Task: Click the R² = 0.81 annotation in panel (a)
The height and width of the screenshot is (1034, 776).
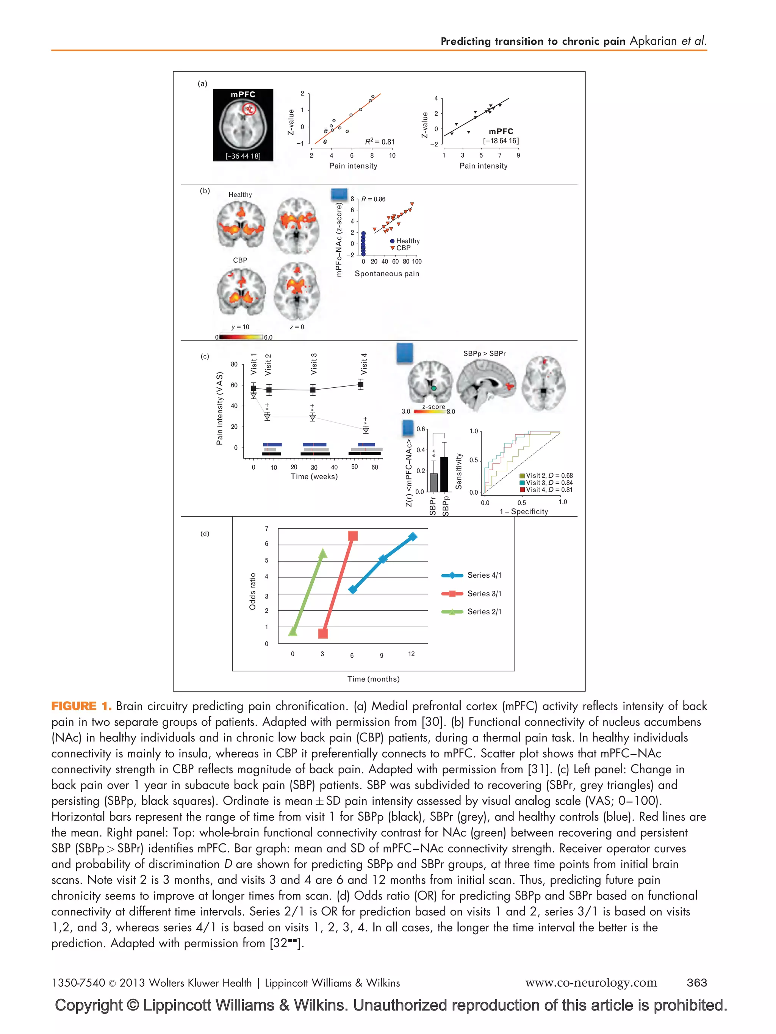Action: pyautogui.click(x=379, y=142)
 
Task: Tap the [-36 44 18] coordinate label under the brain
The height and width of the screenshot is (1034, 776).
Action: pyautogui.click(x=243, y=156)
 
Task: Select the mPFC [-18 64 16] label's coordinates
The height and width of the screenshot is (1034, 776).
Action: pyautogui.click(x=501, y=141)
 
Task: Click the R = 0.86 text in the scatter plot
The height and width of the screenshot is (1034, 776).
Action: pyautogui.click(x=373, y=199)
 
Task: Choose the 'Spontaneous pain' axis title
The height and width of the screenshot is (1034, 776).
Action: pyautogui.click(x=387, y=274)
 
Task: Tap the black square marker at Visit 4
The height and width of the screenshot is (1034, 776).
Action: pyautogui.click(x=361, y=385)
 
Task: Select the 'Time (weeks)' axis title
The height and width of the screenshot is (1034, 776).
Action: pyautogui.click(x=314, y=476)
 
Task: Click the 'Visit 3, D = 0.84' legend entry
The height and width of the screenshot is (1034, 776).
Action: pyautogui.click(x=546, y=483)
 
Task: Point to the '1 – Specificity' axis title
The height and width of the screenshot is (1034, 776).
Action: pyautogui.click(x=523, y=511)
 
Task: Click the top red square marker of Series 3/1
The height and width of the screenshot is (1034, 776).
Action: pyautogui.click(x=353, y=536)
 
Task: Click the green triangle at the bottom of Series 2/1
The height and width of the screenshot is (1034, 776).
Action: pyautogui.click(x=293, y=631)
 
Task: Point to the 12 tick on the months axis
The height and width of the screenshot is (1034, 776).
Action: pyautogui.click(x=411, y=654)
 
